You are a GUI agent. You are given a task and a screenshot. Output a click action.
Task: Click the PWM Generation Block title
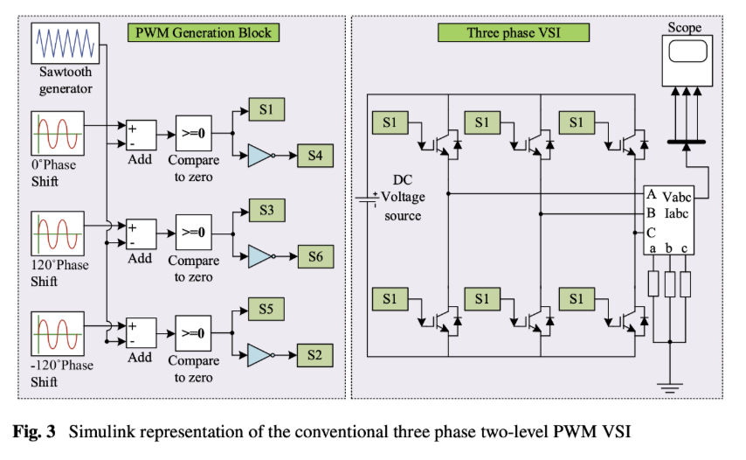[204, 33]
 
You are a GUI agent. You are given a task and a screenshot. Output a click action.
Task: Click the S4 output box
[314, 156]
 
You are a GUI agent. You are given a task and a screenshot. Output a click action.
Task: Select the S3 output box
[266, 211]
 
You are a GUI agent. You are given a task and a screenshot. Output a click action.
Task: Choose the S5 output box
[266, 310]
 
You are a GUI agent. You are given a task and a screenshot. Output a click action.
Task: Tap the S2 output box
[314, 355]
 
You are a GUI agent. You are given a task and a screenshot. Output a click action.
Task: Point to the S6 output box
[314, 256]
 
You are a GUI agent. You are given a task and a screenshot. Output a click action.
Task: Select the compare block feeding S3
[193, 233]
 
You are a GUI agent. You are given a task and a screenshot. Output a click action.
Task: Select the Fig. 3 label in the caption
[37, 431]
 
